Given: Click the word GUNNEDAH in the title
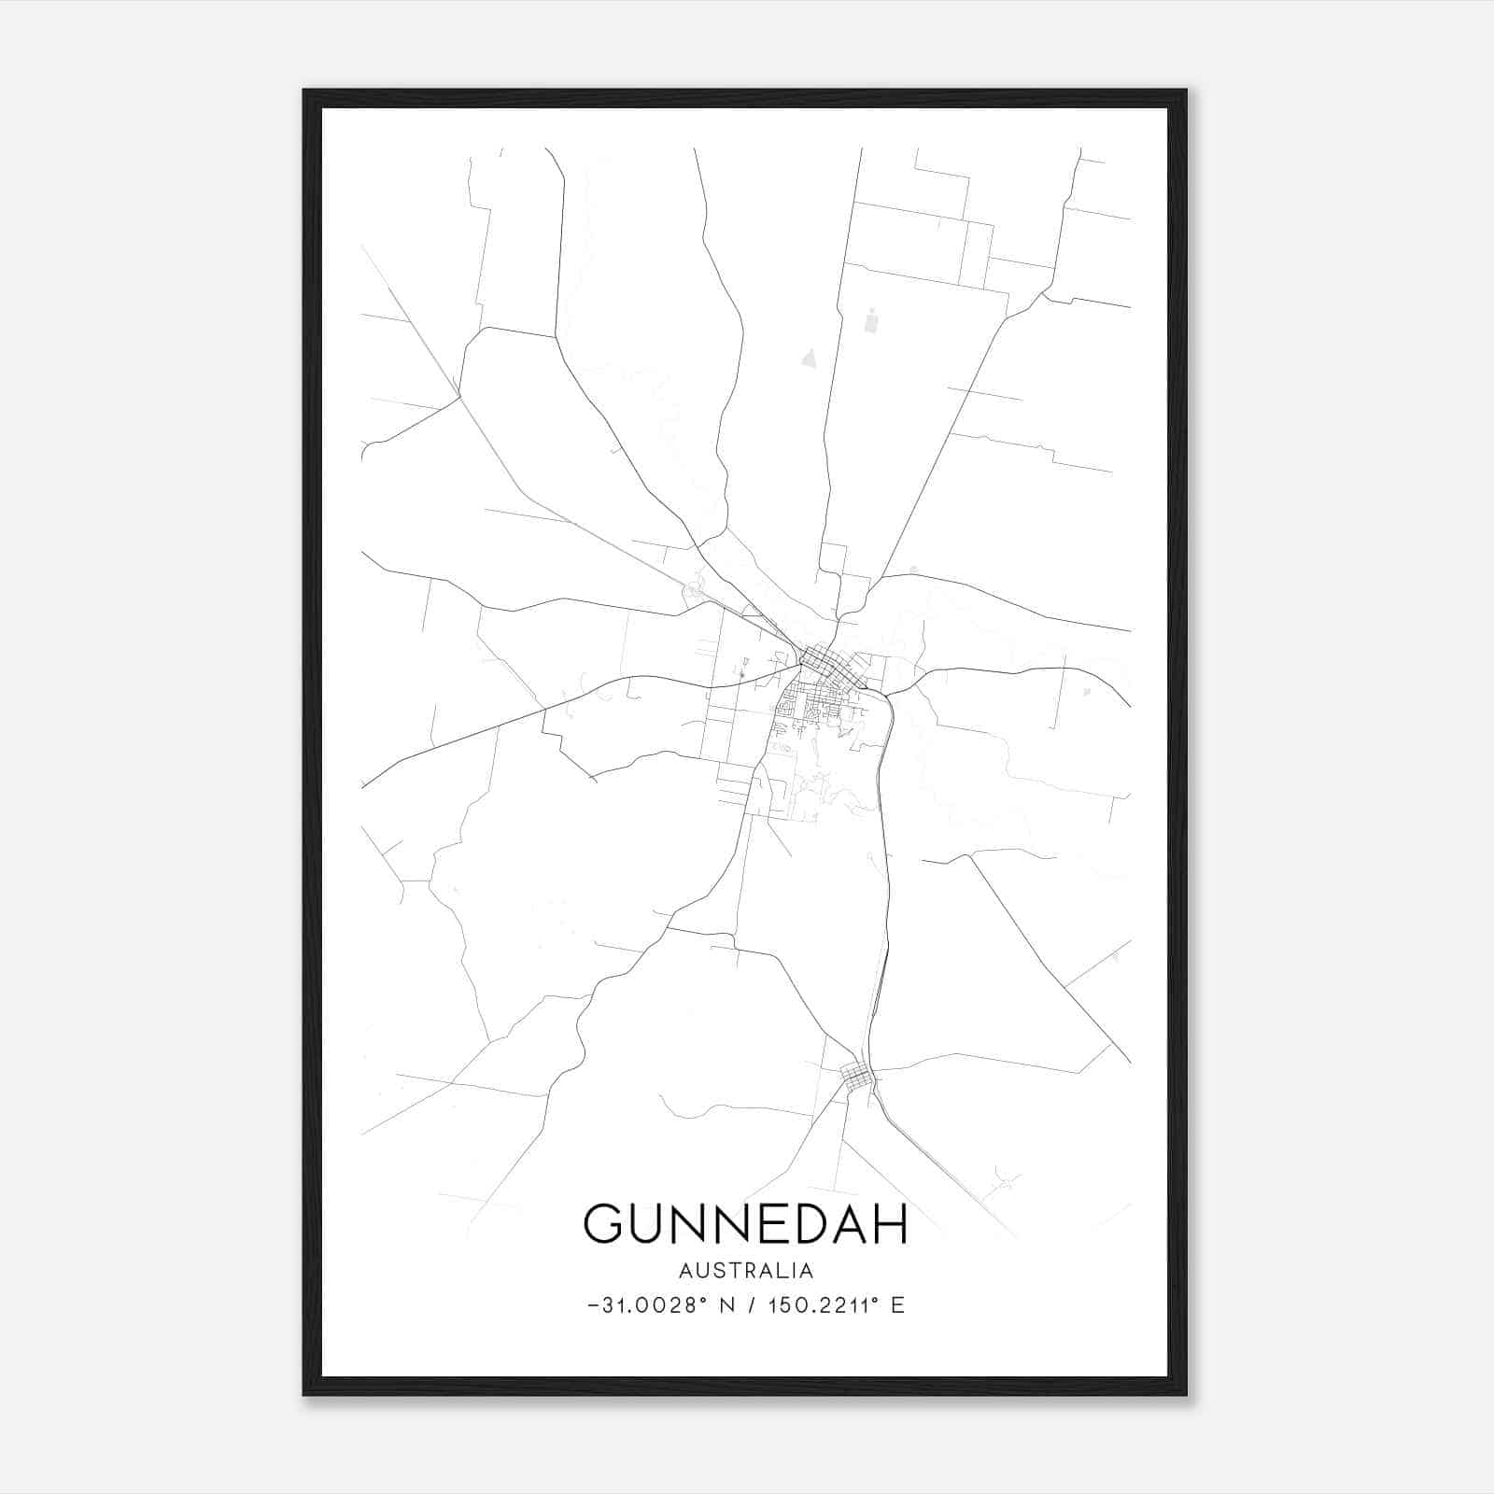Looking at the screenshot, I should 745,1223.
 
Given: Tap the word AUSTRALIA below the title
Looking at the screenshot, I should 745,1271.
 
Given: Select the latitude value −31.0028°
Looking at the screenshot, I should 643,1305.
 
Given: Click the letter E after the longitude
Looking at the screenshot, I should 897,1305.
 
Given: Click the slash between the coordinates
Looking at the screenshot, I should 751,1305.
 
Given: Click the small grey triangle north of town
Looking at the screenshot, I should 809,356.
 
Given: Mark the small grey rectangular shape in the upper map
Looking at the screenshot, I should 871,320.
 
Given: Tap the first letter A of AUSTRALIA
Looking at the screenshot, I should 685,1271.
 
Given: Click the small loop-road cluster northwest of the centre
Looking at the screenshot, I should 694,591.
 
